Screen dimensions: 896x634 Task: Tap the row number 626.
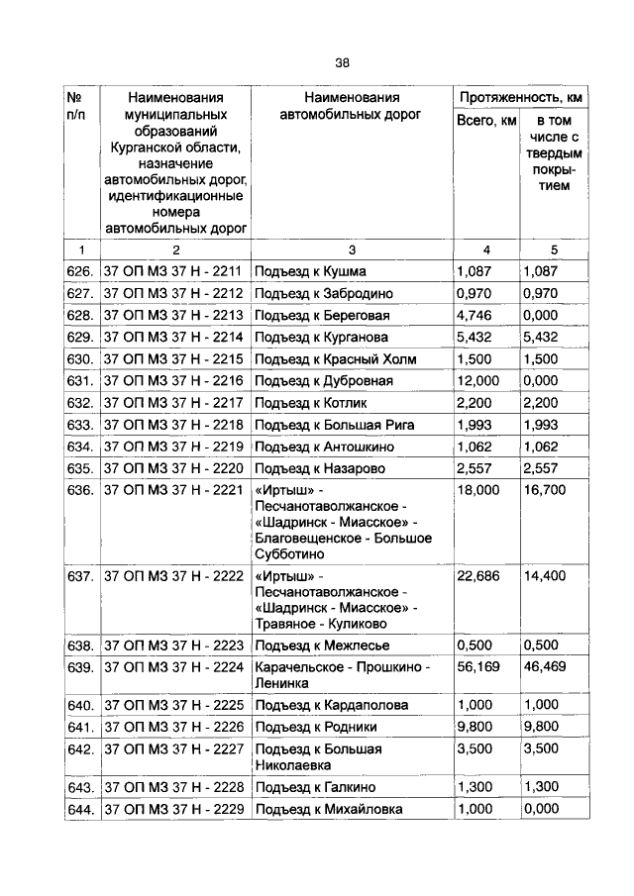[81, 271]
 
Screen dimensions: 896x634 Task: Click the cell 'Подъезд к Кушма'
[310, 271]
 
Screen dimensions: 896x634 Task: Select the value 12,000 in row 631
[479, 381]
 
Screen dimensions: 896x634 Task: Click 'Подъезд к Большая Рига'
[334, 425]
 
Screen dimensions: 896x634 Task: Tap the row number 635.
[81, 468]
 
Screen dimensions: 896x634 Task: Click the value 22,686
[479, 576]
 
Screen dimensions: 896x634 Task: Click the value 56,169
[479, 667]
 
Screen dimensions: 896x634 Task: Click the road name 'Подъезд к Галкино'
[315, 787]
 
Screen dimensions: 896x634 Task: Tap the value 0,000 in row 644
[542, 810]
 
